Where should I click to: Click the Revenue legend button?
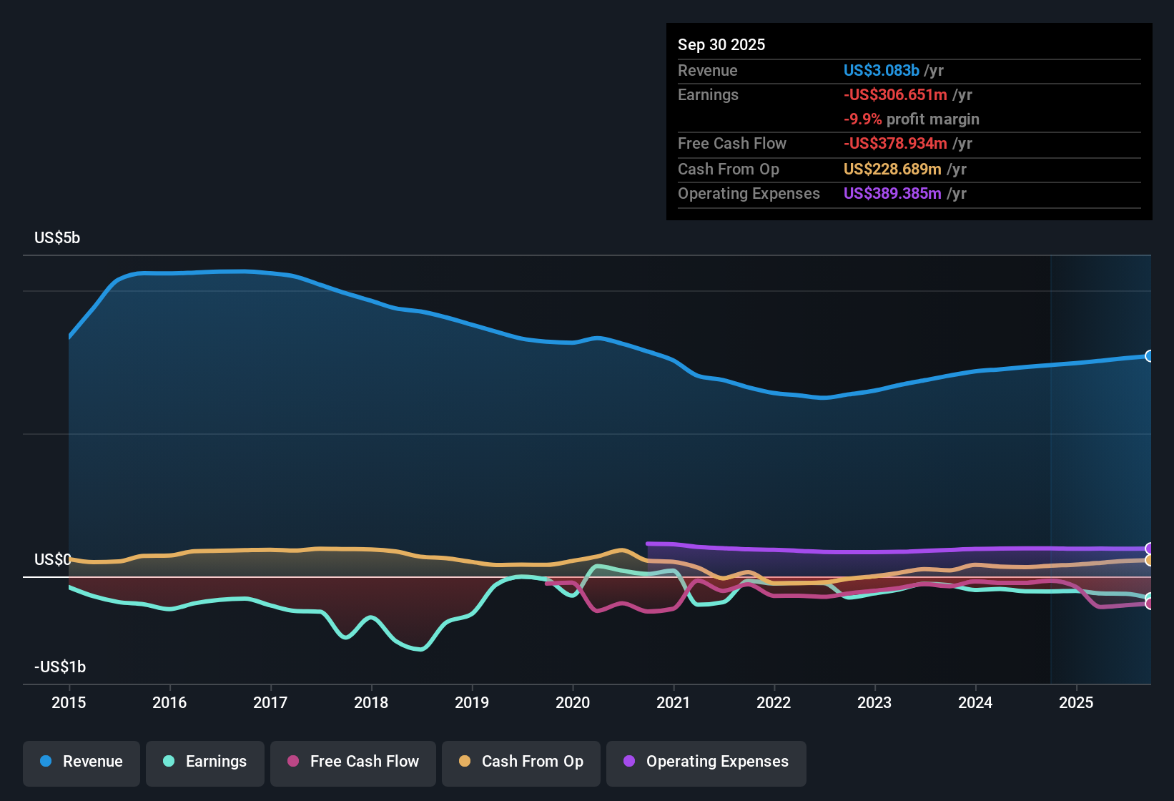[82, 762]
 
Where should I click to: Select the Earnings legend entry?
[205, 762]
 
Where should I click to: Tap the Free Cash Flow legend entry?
[353, 762]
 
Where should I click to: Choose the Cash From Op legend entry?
[521, 762]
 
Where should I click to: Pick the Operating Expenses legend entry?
[706, 762]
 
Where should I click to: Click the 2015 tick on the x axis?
[69, 702]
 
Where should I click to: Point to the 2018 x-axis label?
[371, 702]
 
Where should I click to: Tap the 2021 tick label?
[673, 702]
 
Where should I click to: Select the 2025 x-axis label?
[1076, 702]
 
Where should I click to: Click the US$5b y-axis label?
[57, 238]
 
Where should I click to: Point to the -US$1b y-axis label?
[60, 667]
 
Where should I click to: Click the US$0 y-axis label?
[52, 559]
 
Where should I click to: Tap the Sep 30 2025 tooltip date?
[721, 45]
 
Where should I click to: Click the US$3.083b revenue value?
[881, 71]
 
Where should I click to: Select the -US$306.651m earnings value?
[895, 95]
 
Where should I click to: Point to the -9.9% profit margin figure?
[862, 119]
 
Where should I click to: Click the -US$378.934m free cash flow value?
[895, 144]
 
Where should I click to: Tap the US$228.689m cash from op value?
[892, 169]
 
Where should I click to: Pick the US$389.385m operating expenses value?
[892, 194]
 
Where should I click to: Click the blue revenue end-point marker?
[1149, 356]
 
